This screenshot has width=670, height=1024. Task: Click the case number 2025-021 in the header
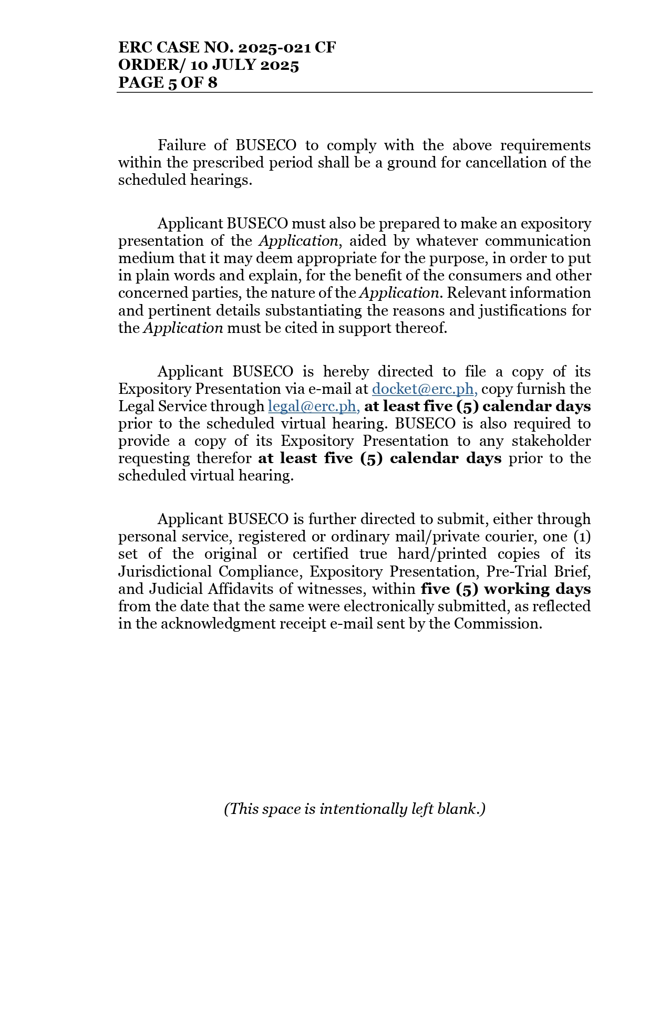(x=274, y=48)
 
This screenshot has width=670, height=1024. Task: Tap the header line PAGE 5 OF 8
(x=168, y=82)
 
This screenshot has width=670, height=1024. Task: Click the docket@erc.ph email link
(x=424, y=389)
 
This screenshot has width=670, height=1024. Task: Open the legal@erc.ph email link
(x=313, y=406)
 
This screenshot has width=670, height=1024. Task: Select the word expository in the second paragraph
(x=555, y=224)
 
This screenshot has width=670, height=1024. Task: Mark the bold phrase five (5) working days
(x=506, y=589)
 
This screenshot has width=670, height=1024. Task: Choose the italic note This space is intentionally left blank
(x=354, y=809)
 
